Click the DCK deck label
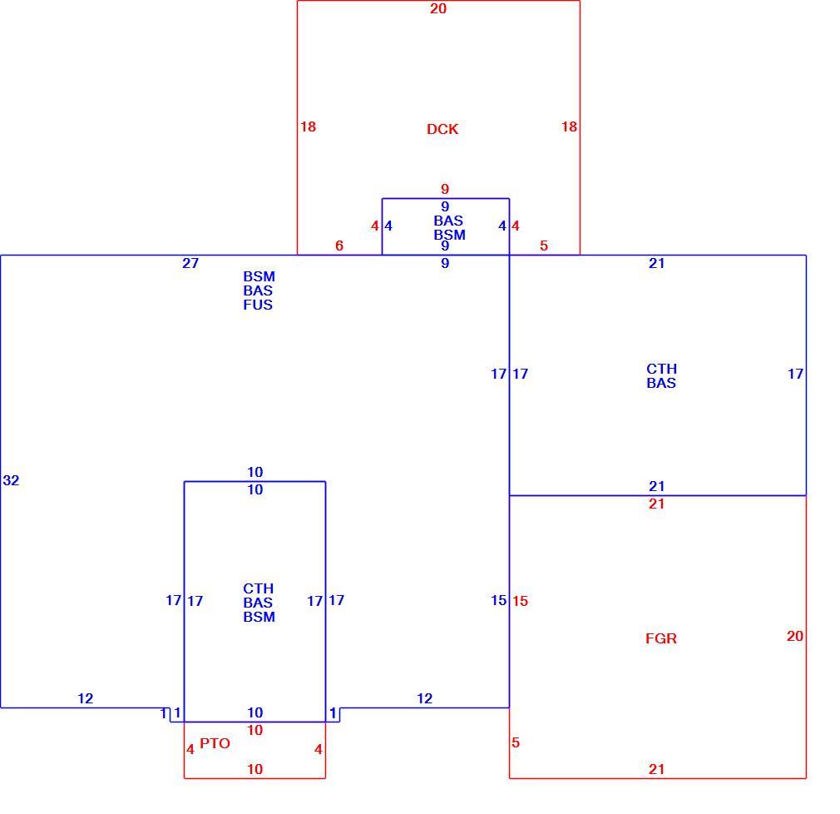coord(442,129)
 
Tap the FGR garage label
coord(661,638)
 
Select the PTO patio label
coord(215,743)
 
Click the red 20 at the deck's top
coord(438,8)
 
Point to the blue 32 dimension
coord(11,480)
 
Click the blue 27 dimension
coord(190,263)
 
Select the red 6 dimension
coord(339,246)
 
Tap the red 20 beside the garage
coord(795,636)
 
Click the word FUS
coord(258,305)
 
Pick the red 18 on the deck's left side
coord(308,127)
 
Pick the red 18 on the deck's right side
coord(569,127)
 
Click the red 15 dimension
coord(520,601)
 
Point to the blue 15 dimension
coord(499,601)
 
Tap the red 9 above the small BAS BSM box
coord(445,189)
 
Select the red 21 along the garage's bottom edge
coord(657,770)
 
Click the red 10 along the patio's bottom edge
coord(255,770)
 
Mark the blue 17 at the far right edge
coord(796,374)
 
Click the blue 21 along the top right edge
coord(657,263)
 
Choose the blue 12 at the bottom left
coord(85,698)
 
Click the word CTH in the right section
coord(662,369)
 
